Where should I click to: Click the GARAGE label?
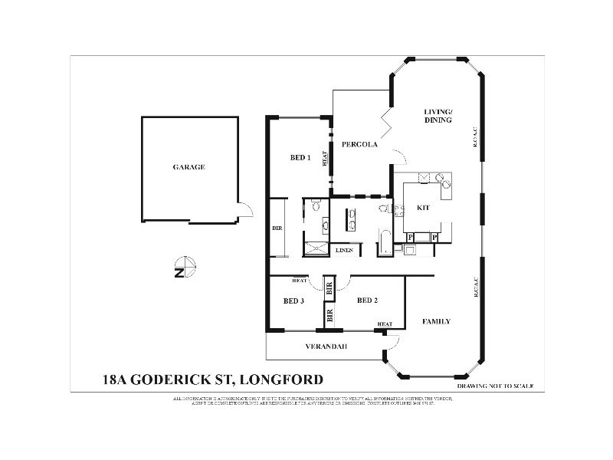point(188,167)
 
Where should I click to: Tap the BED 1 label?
point(300,158)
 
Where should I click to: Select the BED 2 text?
point(366,301)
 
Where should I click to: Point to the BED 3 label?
point(294,301)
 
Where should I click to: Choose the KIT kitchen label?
point(423,208)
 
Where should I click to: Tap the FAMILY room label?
point(436,321)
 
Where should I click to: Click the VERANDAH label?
point(326,347)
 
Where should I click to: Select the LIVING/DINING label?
point(438,116)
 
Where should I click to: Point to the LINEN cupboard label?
point(344,250)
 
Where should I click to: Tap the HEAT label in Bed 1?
point(325,158)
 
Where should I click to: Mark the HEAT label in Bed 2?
point(385,324)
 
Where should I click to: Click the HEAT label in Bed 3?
point(300,281)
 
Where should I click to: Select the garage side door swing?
point(244,209)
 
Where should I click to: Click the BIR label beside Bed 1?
point(277,228)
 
